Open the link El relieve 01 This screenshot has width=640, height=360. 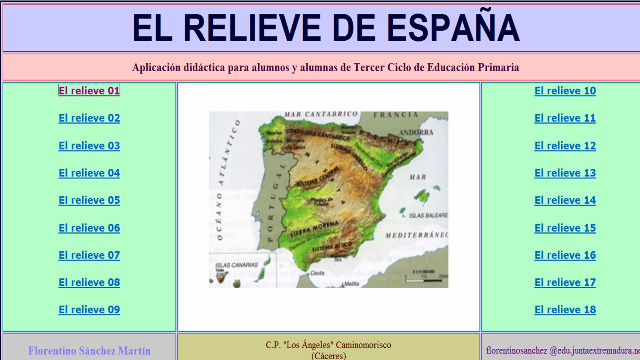coord(89,91)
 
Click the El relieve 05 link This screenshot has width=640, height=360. coord(89,200)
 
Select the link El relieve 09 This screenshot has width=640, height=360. coord(89,310)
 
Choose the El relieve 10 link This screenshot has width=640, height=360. coord(565,91)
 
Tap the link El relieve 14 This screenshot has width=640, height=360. coord(565,200)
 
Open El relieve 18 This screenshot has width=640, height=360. coord(565,310)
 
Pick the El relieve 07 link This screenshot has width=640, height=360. coord(89,255)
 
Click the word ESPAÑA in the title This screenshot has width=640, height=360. coord(453,28)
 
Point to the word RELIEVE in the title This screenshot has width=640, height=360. coord(252,28)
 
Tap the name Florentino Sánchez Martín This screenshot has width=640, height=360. coord(89,351)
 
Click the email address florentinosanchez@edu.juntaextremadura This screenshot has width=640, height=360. coord(562,351)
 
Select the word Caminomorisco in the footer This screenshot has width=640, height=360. coord(363,345)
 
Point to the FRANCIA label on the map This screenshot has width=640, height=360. coord(396,115)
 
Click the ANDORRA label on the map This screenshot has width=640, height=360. coord(416,132)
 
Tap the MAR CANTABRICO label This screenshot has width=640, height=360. coord(321,114)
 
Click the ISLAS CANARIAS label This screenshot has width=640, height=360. coord(236,265)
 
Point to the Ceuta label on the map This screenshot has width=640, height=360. coord(317,273)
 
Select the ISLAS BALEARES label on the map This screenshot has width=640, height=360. coord(428,216)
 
